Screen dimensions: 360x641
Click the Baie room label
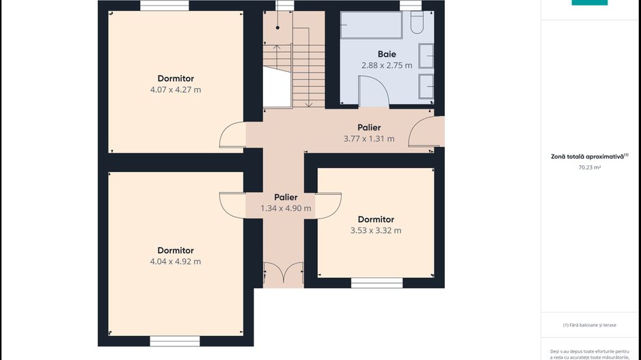pos(386,54)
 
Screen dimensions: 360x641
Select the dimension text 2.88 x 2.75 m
pos(386,66)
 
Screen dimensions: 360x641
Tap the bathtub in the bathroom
pos(372,25)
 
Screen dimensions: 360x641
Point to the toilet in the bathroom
pos(418,25)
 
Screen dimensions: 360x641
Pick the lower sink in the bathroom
pos(426,86)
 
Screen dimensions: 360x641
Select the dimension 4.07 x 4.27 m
pos(176,89)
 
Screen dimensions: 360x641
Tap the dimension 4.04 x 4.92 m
pos(176,262)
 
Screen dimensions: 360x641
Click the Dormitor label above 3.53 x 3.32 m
pos(376,219)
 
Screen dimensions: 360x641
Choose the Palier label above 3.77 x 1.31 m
pos(369,128)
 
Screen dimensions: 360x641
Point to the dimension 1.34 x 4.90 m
pos(286,208)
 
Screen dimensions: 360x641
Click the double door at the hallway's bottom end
pos(284,274)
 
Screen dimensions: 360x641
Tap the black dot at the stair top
pos(277,27)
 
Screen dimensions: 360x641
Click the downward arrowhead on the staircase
pos(308,105)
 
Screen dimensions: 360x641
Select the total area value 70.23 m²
pos(589,167)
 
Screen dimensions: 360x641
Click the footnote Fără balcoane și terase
pos(589,325)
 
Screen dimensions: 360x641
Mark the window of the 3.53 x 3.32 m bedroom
pos(377,283)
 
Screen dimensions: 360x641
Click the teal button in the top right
pos(589,2)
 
